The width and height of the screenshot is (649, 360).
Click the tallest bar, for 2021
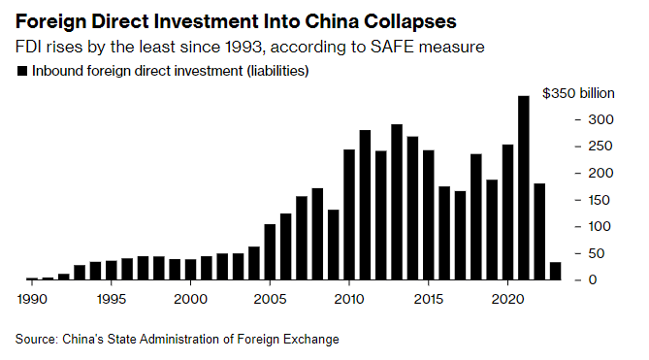524,188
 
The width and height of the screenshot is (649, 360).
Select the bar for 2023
556,271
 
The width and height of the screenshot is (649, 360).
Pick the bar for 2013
397,202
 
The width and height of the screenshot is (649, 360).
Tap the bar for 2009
333,245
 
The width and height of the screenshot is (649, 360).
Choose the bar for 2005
270,252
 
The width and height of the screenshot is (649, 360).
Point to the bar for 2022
539,232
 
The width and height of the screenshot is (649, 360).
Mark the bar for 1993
80,273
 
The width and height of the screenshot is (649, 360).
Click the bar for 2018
476,216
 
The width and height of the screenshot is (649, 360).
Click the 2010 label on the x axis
349,299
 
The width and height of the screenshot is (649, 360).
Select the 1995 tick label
111,299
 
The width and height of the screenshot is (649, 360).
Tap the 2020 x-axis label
508,299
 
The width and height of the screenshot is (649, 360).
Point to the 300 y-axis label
600,119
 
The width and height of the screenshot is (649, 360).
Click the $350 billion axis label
578,93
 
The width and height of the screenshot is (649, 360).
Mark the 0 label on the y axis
593,279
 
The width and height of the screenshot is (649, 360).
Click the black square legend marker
22,71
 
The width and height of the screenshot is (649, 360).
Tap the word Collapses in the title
410,22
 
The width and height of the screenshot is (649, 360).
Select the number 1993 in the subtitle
243,47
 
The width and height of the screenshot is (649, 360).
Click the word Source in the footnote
36,339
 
